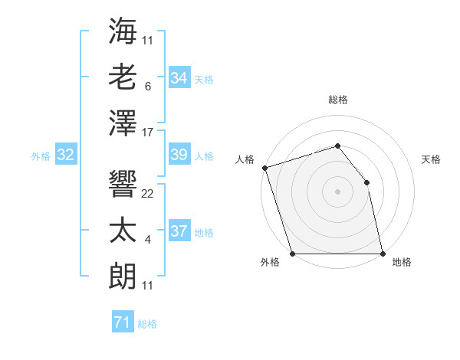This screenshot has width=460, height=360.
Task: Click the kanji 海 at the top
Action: (123, 33)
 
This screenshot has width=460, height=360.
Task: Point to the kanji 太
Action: (123, 231)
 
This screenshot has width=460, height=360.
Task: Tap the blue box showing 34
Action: (179, 78)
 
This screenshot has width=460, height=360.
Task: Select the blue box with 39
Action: (179, 155)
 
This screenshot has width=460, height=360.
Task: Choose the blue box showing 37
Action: (179, 231)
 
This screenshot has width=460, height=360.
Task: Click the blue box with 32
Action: (66, 155)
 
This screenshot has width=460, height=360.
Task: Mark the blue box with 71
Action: (123, 322)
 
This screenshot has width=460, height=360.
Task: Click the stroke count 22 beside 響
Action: (148, 194)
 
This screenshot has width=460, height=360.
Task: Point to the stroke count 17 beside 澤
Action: (148, 133)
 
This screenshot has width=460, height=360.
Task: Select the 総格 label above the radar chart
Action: (337, 100)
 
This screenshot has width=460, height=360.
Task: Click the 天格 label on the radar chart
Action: (431, 159)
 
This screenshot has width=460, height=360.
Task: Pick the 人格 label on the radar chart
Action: (245, 159)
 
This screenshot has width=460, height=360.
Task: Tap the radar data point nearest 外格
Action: (292, 254)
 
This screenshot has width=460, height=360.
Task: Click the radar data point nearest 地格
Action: (383, 254)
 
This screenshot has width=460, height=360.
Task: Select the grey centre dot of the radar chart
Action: (337, 191)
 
